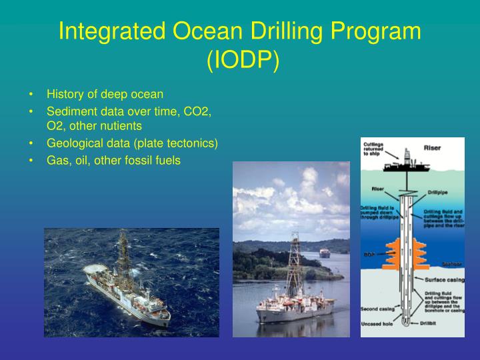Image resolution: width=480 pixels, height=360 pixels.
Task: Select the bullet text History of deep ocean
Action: [x=105, y=95]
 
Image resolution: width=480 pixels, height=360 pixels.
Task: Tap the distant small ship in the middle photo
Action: [x=325, y=253]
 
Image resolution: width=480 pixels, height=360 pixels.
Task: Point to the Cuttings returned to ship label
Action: [x=374, y=148]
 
